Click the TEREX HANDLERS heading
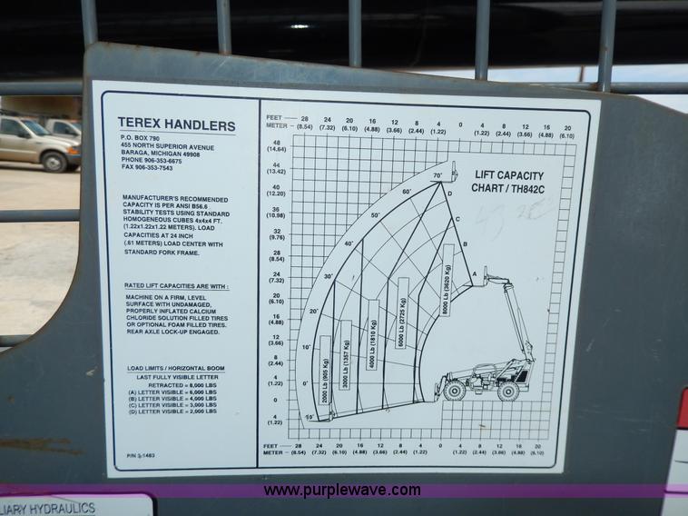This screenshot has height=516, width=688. coord(176,126)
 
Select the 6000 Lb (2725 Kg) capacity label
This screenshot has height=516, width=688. coord(402,314)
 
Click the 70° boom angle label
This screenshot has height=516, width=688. coord(437,175)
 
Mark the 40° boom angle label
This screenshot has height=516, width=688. coord(348,243)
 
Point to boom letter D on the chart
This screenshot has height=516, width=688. coord(449,193)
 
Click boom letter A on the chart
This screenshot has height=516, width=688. coord(474,273)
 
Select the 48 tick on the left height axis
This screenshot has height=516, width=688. coord(275,144)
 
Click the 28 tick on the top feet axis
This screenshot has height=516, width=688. coord(304,119)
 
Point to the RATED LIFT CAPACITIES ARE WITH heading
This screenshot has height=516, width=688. coord(176,286)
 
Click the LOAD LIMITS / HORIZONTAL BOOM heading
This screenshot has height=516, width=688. coord(176,368)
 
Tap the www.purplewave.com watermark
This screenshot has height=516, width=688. coord(342,491)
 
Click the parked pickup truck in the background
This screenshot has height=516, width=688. coord(36,143)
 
